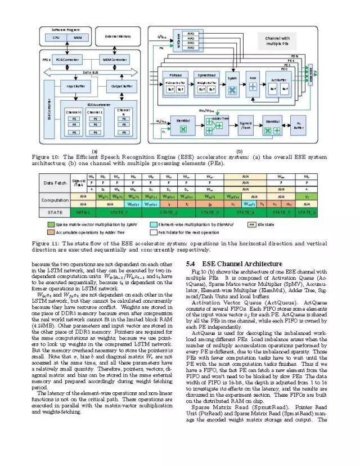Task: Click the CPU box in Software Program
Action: click(56, 38)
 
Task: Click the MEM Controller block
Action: click(114, 60)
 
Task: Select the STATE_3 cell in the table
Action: click(210, 213)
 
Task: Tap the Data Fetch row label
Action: click(55, 183)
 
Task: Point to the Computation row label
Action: click(55, 200)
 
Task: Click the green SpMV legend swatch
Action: click(51, 223)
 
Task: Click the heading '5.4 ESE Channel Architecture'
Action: click(234, 263)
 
